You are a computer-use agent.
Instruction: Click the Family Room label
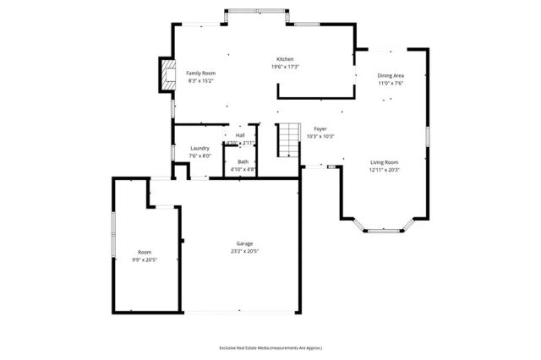(200, 74)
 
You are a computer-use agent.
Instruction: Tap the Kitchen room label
(285, 59)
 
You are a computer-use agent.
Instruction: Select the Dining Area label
(390, 76)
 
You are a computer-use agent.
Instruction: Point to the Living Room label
(383, 162)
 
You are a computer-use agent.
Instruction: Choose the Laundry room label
(199, 148)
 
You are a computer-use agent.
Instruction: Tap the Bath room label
(243, 161)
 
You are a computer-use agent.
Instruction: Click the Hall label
(240, 135)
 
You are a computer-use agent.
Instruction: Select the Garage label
(244, 243)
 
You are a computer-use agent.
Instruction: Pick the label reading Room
(145, 252)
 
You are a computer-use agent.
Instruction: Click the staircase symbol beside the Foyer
(290, 139)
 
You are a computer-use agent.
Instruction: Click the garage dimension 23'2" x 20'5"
(244, 251)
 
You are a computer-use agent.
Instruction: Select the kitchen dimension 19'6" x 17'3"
(285, 67)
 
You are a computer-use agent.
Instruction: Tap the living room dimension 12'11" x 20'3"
(383, 170)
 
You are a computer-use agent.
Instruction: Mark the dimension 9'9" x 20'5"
(145, 259)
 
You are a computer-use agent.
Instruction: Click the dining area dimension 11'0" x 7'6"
(390, 84)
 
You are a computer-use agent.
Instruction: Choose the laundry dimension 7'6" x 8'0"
(199, 155)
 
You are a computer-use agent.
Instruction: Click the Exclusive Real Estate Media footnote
(270, 347)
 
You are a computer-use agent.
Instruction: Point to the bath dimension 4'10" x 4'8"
(243, 169)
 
